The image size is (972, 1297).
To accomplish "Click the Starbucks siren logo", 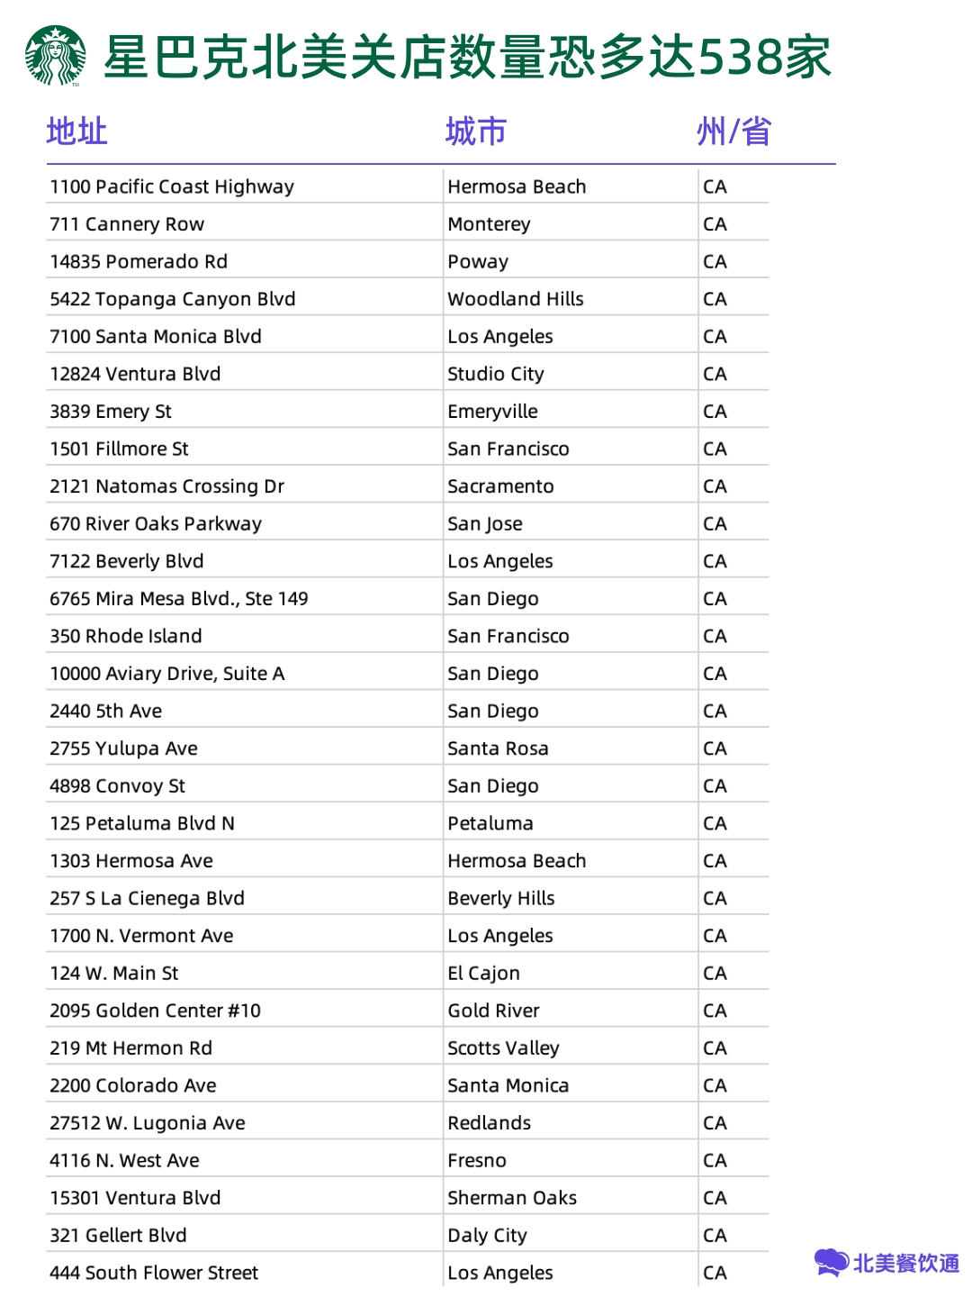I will (x=56, y=56).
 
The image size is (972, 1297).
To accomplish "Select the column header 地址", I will (x=76, y=132).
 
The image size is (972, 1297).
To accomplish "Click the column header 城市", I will (x=475, y=132).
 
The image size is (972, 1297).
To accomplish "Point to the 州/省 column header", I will (x=733, y=132).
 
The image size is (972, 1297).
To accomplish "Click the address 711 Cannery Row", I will (x=127, y=224).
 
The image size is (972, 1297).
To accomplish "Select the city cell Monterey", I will (x=489, y=224).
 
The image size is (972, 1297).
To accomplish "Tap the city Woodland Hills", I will (x=516, y=299).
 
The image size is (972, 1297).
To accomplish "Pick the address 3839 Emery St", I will (x=111, y=412).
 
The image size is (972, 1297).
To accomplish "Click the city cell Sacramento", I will (x=500, y=486).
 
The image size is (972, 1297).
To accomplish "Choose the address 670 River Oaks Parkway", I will (x=156, y=524).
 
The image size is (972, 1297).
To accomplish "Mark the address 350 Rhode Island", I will (x=126, y=636).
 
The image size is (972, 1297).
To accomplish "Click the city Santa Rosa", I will (x=498, y=748).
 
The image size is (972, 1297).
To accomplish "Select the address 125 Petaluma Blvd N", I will (x=142, y=823).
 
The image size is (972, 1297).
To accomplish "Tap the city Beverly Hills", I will (x=501, y=898).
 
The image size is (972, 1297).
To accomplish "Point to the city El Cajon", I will (x=483, y=974).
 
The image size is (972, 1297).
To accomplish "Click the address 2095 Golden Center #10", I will (x=155, y=1011).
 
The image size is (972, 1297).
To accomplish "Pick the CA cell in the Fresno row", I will (x=715, y=1161).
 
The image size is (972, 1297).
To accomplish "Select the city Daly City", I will (x=487, y=1236).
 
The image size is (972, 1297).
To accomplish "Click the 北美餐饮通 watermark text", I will (x=905, y=1264).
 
